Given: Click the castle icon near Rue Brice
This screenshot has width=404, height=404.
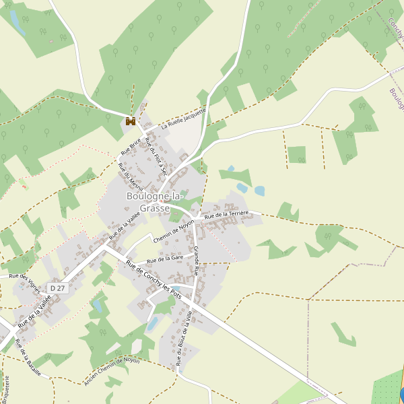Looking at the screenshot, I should [x=131, y=121].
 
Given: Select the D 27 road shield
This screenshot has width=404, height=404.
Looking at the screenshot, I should [x=58, y=288].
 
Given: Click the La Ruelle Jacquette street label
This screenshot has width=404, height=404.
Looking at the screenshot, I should [x=183, y=119].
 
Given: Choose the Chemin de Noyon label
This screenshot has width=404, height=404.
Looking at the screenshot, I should [x=174, y=230].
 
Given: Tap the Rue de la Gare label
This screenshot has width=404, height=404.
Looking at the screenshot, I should [x=166, y=259].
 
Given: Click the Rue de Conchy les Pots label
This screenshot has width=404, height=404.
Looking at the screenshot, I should [x=154, y=281].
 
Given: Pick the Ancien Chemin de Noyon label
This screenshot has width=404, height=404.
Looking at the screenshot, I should [x=112, y=370].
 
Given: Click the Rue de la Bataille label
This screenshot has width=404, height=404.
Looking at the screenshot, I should [x=28, y=358].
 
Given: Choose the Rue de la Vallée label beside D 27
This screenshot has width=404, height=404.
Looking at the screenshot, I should [x=35, y=313].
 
